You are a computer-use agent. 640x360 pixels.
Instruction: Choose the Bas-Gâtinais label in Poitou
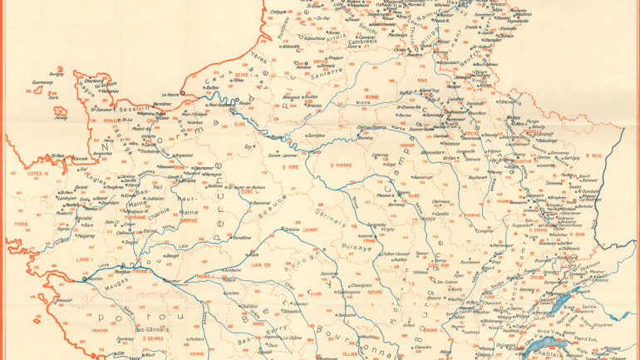click(125, 330)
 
